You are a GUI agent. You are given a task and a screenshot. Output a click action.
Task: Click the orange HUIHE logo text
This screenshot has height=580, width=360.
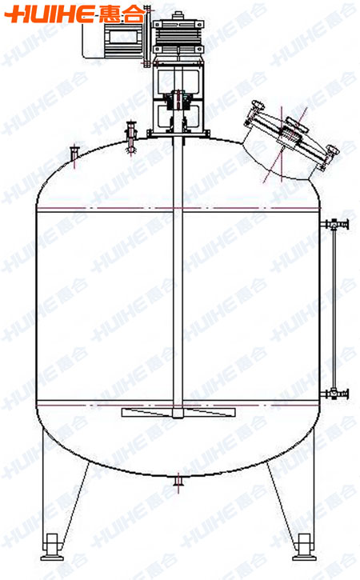[50, 14]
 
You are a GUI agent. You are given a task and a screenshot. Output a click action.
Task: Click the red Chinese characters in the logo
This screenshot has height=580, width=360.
[122, 14]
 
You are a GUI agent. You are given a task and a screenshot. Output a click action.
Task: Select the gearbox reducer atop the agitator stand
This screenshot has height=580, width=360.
[178, 34]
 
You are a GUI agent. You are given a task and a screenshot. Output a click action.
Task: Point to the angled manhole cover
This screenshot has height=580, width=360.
[292, 137]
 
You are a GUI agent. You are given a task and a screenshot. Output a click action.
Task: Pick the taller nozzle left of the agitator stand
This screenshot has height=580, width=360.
[130, 137]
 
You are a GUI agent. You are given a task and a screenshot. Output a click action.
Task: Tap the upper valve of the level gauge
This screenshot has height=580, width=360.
[334, 224]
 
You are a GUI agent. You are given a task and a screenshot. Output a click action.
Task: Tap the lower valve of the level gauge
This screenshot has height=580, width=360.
[334, 394]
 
